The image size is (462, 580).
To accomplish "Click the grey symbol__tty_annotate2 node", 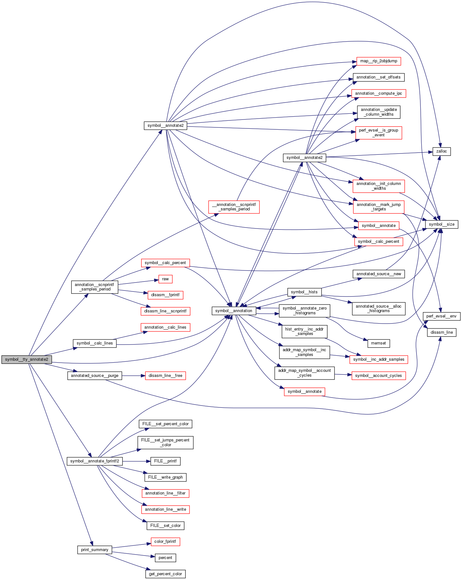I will (27, 359).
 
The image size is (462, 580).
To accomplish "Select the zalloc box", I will (441, 151).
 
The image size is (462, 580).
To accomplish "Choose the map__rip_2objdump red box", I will (378, 61).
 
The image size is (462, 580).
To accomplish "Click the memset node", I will (378, 343).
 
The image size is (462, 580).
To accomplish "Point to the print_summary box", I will (94, 550).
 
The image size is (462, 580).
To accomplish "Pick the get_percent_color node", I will (165, 574).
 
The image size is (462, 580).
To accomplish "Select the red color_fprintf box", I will (165, 542).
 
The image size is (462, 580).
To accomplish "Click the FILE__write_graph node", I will (165, 477).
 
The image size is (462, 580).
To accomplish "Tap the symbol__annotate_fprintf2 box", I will (94, 461).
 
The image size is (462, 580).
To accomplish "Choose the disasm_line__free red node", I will (165, 376).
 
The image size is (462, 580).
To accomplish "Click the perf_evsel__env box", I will (441, 316).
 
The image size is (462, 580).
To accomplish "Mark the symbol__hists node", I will (304, 292).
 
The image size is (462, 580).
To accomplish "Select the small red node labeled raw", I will (165, 279).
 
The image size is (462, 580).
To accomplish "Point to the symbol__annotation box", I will (234, 311).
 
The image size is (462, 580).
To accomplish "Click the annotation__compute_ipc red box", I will (378, 93).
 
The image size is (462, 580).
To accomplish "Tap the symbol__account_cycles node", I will (378, 376).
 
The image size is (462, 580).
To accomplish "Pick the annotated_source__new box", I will (378, 274).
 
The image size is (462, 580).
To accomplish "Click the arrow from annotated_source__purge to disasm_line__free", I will (134, 376).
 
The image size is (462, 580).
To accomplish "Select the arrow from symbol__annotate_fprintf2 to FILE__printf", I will (136, 461).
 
